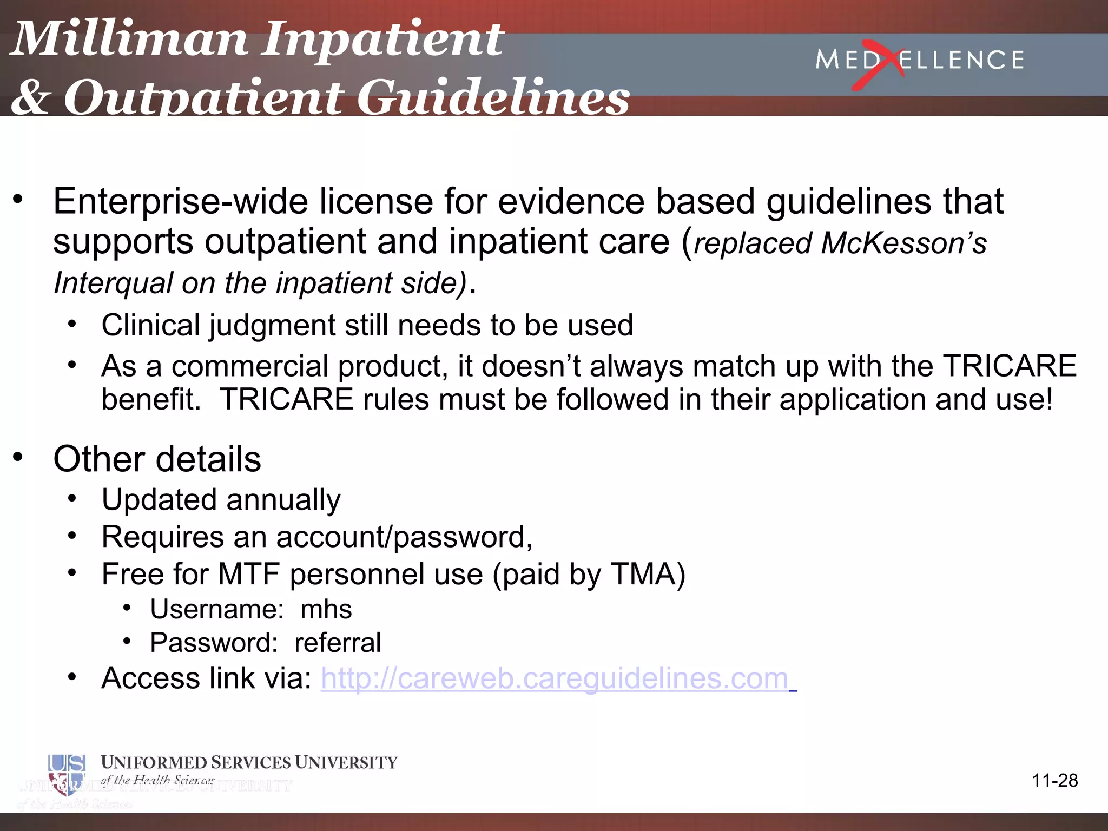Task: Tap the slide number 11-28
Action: click(x=1054, y=781)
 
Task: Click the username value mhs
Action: click(x=326, y=610)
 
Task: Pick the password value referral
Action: click(x=338, y=643)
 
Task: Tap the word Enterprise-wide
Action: click(x=181, y=202)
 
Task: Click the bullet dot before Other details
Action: click(x=18, y=458)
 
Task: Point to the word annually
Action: click(x=284, y=500)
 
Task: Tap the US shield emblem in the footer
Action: click(x=66, y=774)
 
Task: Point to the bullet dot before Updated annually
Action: click(x=72, y=498)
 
